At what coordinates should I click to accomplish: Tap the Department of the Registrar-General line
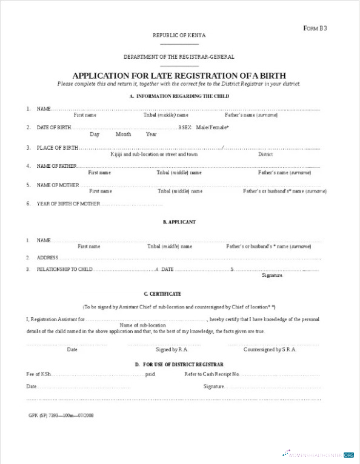pos(179,57)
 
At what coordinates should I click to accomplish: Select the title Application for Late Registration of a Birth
pos(179,75)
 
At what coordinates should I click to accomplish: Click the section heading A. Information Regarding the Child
pos(179,96)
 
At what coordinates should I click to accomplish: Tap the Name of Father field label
pos(56,166)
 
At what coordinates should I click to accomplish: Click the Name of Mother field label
pos(58,185)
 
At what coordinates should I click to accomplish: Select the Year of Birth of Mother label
pos(68,204)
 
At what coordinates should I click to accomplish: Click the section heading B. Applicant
pos(179,222)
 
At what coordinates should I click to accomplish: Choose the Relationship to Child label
pos(65,269)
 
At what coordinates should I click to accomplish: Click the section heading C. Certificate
pos(179,294)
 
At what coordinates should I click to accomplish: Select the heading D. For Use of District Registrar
pos(179,365)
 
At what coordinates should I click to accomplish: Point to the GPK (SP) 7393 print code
pos(61,416)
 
